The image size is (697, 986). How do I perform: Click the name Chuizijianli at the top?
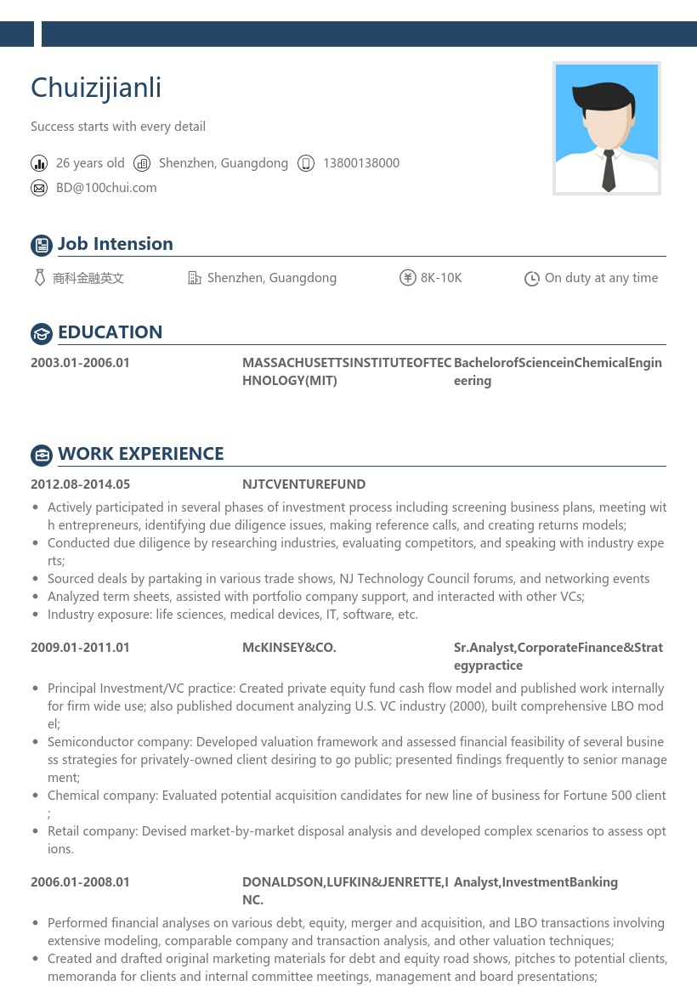(96, 88)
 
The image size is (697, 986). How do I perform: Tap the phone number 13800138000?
(360, 163)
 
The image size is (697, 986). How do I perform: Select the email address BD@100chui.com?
(106, 188)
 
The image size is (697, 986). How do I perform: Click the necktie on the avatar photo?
(609, 169)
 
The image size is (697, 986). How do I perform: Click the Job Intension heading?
(115, 244)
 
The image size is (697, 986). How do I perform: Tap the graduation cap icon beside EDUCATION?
(42, 334)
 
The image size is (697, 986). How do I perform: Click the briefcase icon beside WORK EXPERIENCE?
(42, 456)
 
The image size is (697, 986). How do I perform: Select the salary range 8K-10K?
(441, 278)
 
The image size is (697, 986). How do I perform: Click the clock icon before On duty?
(532, 279)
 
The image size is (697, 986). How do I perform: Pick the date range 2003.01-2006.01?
(80, 363)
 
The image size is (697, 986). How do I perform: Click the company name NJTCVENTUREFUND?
(303, 484)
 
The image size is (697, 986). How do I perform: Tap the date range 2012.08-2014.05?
(80, 484)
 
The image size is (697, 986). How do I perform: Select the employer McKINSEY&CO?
(289, 648)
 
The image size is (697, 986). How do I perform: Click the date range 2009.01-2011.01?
(80, 648)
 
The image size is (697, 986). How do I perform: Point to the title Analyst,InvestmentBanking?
(535, 882)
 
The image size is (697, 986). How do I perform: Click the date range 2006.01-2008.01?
(80, 882)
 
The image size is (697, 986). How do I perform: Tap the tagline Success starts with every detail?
(118, 127)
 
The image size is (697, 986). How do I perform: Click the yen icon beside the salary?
(407, 278)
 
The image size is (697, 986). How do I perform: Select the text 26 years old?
(90, 163)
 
